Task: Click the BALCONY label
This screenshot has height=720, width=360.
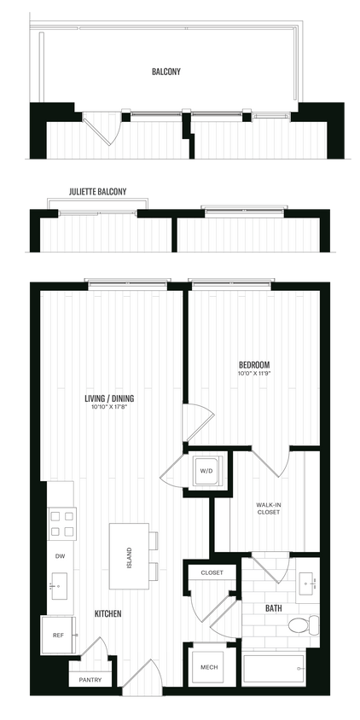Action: [x=171, y=73]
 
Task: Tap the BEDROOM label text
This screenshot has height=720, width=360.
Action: [x=255, y=364]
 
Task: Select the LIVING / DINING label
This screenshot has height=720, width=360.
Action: [x=109, y=398]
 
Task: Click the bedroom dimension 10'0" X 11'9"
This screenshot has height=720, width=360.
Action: [x=255, y=375]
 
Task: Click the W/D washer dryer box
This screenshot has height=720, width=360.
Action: [x=206, y=470]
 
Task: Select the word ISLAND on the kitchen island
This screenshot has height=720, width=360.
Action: [x=130, y=559]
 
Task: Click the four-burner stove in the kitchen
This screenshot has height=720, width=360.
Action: [x=61, y=522]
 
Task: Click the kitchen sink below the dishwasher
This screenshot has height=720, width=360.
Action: [x=60, y=587]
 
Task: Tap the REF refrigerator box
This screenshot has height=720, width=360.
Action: [x=58, y=634]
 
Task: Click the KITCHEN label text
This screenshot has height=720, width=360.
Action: [x=107, y=613]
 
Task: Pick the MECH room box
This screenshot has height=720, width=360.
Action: [x=207, y=667]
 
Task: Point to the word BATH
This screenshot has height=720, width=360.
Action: [x=273, y=608]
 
